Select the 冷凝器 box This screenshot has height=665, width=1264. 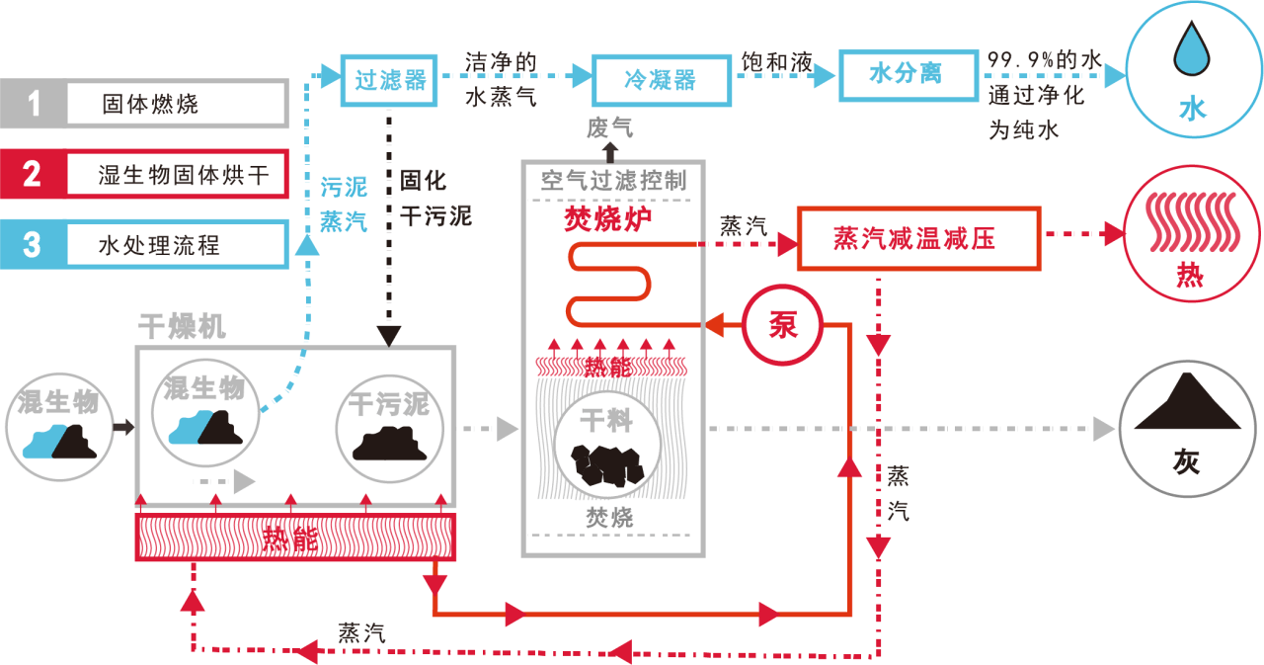[661, 80]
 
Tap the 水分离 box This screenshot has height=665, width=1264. [908, 74]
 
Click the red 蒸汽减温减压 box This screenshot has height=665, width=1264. [918, 238]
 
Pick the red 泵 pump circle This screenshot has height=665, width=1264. [782, 325]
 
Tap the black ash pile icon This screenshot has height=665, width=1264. [1187, 408]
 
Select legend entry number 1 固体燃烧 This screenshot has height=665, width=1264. [144, 104]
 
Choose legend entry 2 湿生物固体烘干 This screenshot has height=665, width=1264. [144, 174]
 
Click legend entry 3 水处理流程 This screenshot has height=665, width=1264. [144, 243]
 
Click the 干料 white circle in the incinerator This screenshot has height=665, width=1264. [606, 445]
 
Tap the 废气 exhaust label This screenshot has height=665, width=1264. [609, 128]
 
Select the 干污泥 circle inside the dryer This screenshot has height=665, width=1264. [389, 427]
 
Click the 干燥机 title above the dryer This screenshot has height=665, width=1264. [182, 327]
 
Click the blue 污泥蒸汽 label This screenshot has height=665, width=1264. [344, 204]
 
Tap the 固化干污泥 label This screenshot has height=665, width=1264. [435, 198]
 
